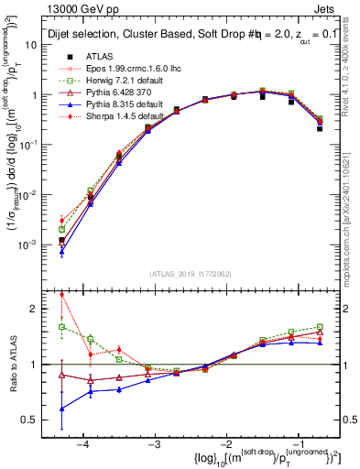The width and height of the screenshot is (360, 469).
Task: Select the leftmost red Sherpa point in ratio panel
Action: click(x=61, y=295)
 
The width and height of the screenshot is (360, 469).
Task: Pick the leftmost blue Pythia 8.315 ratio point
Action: click(x=61, y=409)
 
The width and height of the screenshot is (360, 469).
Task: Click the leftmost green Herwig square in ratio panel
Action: click(x=61, y=326)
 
